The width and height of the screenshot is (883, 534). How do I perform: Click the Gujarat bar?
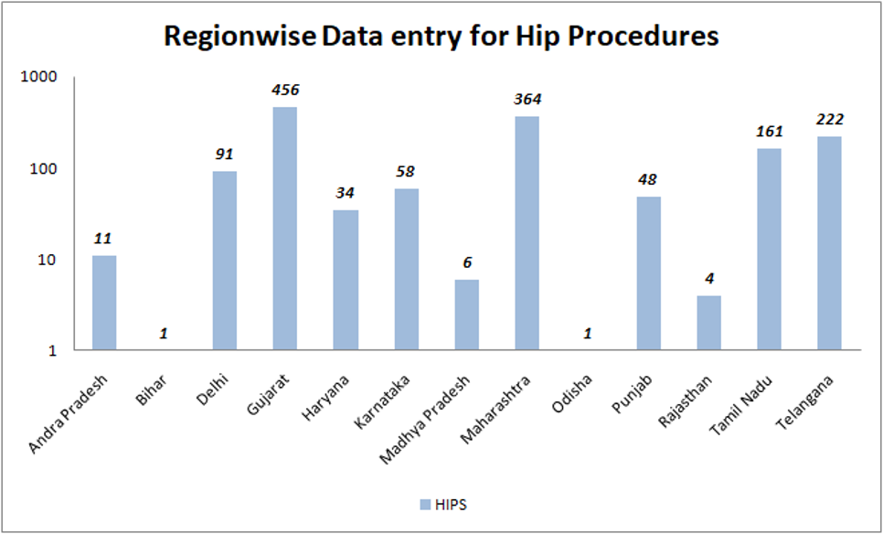[285, 228]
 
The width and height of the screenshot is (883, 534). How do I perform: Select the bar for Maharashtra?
[527, 232]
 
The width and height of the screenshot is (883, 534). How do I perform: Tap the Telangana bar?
[829, 243]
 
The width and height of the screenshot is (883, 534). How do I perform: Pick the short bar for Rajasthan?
[708, 323]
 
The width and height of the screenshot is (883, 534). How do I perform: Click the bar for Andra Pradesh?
[104, 303]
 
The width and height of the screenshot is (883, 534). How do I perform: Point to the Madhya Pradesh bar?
[467, 315]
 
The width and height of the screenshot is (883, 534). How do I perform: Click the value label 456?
[285, 91]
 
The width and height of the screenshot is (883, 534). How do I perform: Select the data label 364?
[527, 99]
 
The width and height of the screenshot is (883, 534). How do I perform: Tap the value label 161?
[770, 132]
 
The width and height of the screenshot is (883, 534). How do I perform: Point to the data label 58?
[407, 171]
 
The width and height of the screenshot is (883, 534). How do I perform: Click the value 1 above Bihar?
[164, 334]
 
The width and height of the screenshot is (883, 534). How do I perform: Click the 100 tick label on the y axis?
[47, 168]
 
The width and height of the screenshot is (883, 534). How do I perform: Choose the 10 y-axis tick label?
[50, 260]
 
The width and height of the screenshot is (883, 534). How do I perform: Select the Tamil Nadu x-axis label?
[741, 403]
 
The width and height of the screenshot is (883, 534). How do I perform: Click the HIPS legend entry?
[443, 505]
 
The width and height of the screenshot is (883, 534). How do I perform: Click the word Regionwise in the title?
[239, 37]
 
